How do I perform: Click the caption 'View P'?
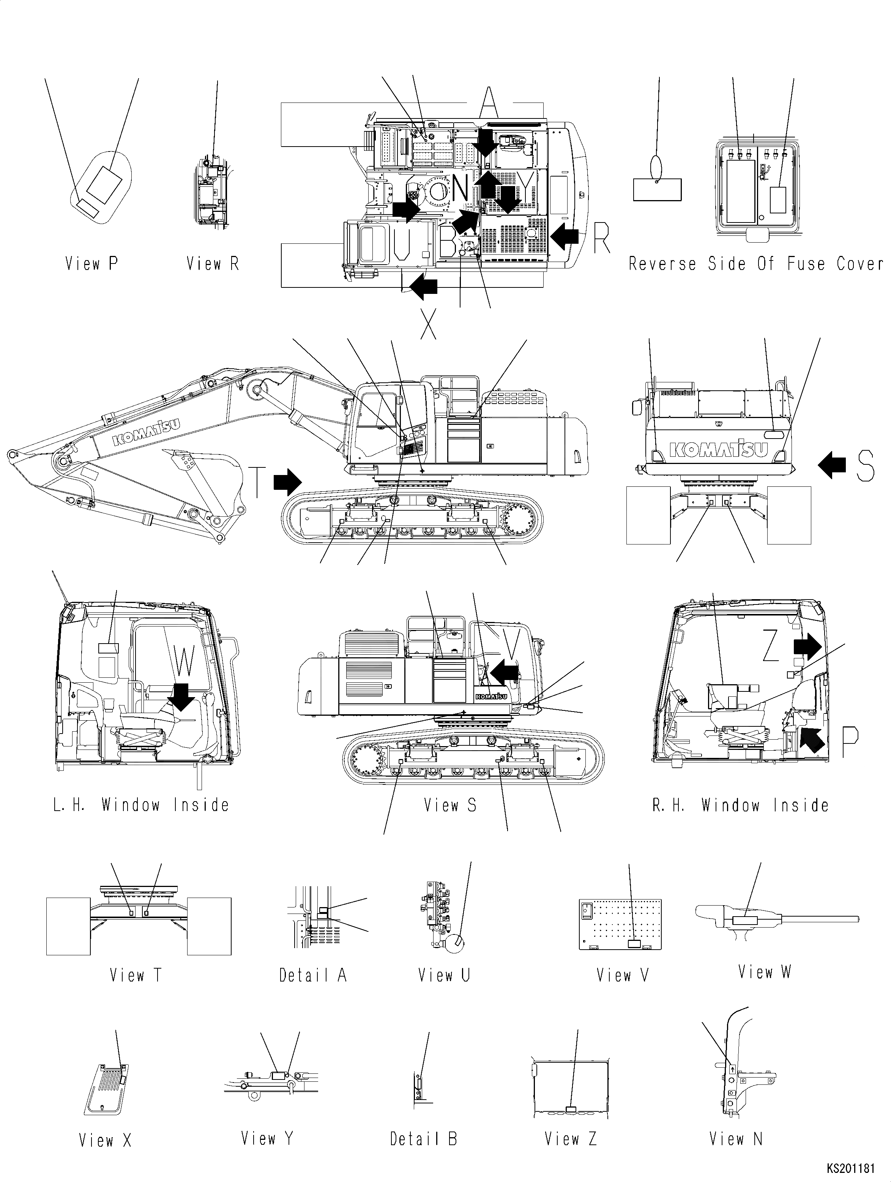click(x=91, y=264)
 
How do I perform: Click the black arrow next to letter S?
click(x=832, y=465)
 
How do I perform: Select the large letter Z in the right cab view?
click(x=770, y=645)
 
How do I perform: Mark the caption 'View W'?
click(x=764, y=972)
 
